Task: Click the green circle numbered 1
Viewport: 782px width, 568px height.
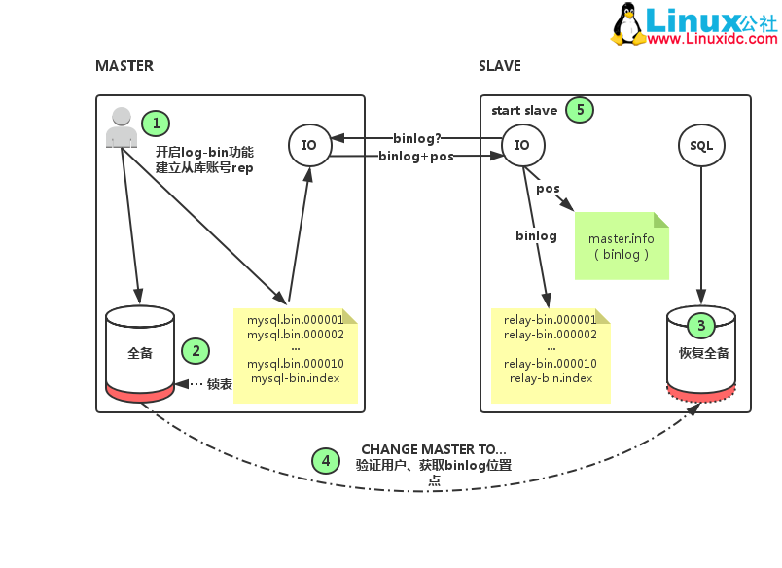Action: pos(156,123)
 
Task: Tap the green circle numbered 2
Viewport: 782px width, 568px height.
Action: pos(195,351)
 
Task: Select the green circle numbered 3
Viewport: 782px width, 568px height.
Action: pos(700,325)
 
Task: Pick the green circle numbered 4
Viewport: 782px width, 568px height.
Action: pos(326,460)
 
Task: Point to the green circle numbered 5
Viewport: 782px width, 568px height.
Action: pos(580,110)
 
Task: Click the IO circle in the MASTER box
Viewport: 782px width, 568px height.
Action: pos(309,145)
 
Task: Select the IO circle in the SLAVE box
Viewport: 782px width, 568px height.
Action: pos(522,145)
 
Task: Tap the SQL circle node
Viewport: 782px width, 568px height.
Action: pos(700,145)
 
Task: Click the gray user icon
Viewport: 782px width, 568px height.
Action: pos(121,128)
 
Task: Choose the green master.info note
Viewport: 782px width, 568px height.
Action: pos(621,246)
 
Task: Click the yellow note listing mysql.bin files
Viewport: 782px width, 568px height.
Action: pos(295,356)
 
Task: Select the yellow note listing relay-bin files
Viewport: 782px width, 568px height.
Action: pos(551,356)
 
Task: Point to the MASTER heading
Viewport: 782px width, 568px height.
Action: pos(124,66)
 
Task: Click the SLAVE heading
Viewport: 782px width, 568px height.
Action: pos(500,66)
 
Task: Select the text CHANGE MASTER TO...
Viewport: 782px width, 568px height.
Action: pos(434,449)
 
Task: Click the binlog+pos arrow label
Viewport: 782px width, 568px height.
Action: pos(415,156)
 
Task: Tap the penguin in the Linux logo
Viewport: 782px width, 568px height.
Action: pos(628,23)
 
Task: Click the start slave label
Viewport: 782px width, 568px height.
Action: pos(524,111)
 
